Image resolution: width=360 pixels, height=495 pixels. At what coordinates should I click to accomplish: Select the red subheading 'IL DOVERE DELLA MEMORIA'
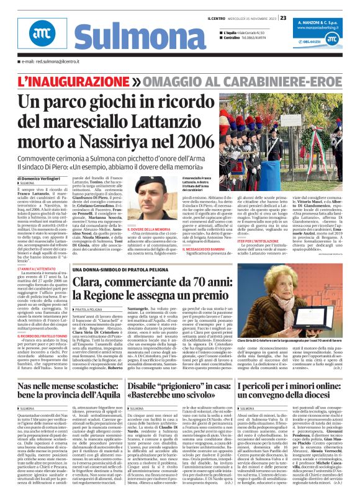148,229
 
